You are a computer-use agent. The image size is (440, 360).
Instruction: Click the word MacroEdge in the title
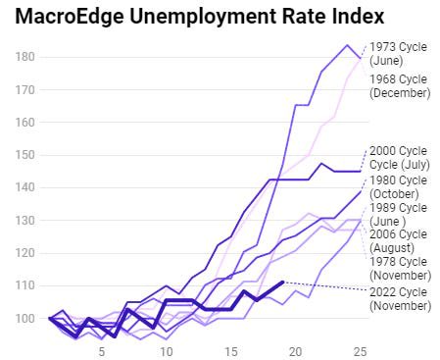(x=70, y=16)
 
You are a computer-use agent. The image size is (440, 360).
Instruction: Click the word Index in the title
(x=359, y=16)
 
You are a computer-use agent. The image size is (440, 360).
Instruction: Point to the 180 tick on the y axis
(x=24, y=57)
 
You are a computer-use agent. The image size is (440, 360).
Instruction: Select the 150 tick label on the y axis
(x=24, y=155)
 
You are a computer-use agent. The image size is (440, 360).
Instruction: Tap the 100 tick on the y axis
(x=24, y=318)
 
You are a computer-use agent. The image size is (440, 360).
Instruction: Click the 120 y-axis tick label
(x=24, y=253)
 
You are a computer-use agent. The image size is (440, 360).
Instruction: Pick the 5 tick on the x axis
(x=102, y=352)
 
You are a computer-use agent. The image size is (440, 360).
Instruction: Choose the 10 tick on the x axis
(x=167, y=352)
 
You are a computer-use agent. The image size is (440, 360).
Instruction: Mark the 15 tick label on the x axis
(x=231, y=352)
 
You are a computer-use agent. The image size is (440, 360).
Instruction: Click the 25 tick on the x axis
(x=361, y=352)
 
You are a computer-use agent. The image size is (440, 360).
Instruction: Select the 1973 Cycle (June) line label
(x=398, y=54)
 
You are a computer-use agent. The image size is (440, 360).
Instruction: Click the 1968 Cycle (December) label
(x=400, y=86)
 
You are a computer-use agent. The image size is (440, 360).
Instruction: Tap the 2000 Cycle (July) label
(x=400, y=158)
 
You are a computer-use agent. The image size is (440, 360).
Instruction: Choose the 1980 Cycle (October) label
(x=398, y=187)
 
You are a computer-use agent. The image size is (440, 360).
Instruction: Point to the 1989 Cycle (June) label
(x=398, y=215)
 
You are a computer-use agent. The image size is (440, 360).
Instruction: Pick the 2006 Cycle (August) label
(x=398, y=241)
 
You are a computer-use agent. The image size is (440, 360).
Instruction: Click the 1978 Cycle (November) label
(x=401, y=269)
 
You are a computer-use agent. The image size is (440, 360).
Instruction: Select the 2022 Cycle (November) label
(x=401, y=299)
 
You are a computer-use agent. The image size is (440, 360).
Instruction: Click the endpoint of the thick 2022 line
(x=283, y=282)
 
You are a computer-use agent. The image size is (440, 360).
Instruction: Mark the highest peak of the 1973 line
(x=347, y=45)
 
